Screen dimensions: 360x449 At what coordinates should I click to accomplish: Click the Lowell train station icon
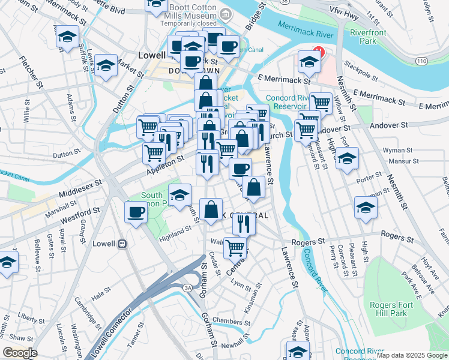pyautogui.click(x=122, y=244)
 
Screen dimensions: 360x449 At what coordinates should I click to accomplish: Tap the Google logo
pyautogui.click(x=20, y=353)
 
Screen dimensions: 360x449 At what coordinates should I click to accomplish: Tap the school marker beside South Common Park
pyautogui.click(x=179, y=194)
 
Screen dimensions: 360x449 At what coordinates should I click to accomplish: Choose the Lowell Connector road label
pyautogui.click(x=108, y=334)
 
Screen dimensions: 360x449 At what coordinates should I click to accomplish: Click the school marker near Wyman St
pyautogui.click(x=348, y=159)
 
